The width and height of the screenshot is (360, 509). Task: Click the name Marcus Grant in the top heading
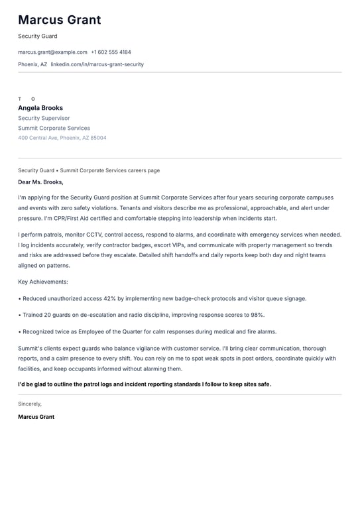(x=60, y=20)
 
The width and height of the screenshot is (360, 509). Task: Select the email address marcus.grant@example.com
(x=52, y=52)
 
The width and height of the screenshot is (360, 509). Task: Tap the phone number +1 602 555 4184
(x=111, y=52)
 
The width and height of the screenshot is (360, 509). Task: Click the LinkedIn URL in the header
(x=97, y=64)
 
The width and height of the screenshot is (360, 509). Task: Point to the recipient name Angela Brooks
(x=40, y=108)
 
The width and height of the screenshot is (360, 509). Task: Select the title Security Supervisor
(x=44, y=118)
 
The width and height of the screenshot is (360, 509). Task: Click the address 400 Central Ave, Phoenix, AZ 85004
(x=62, y=138)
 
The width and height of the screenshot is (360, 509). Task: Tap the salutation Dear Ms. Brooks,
(x=40, y=182)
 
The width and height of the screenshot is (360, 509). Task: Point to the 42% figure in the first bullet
(x=111, y=299)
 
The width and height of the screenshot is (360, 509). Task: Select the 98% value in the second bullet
(x=257, y=315)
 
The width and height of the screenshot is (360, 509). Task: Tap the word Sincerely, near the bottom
(x=30, y=404)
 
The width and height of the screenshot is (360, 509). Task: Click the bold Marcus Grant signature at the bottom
(x=36, y=417)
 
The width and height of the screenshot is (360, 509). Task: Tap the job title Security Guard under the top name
(x=38, y=36)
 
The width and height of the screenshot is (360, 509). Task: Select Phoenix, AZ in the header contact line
(x=32, y=64)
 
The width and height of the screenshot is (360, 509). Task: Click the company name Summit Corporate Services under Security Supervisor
(x=54, y=128)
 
